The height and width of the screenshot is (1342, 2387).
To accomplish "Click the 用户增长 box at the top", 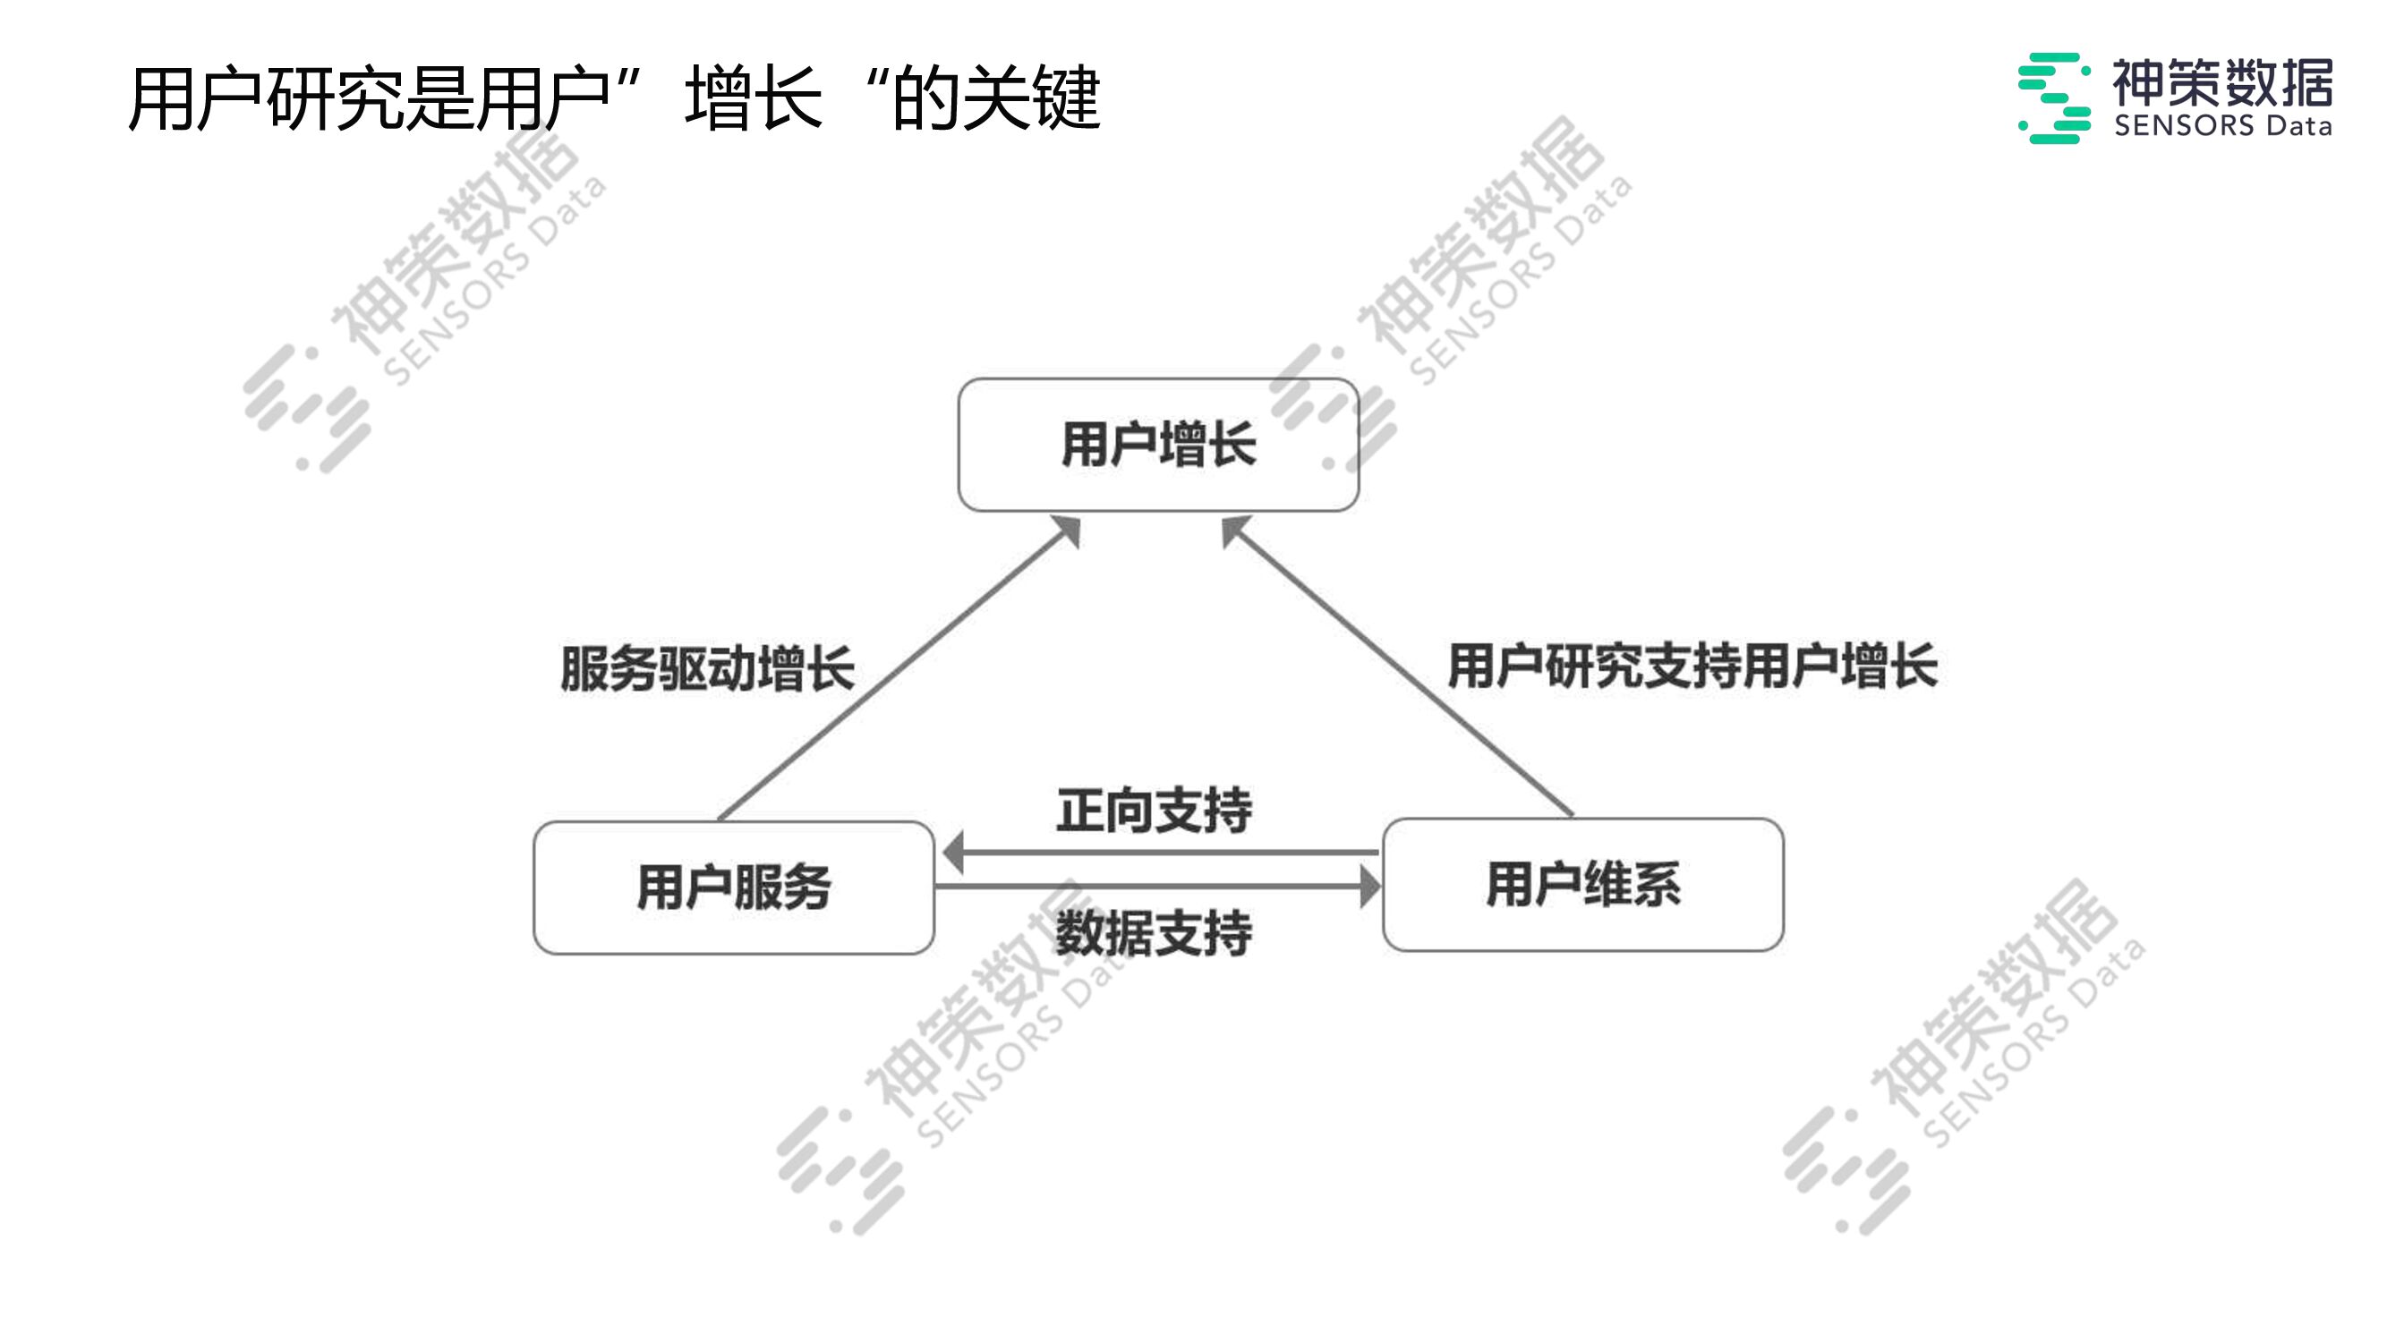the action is [x=1158, y=445].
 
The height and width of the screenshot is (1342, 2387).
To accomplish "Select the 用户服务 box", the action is [x=733, y=888].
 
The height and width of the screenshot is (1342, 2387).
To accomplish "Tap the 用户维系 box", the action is [x=1582, y=885].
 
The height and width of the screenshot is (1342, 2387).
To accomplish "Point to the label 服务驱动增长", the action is [x=707, y=667].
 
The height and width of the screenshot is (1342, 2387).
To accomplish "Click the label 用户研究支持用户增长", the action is [x=1692, y=666].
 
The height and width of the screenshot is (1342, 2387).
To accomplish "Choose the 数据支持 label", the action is [x=1154, y=932].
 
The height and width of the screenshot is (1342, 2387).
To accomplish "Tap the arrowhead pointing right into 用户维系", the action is [x=1368, y=887].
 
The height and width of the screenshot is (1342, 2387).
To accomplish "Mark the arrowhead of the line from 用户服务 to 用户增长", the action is [x=1069, y=531].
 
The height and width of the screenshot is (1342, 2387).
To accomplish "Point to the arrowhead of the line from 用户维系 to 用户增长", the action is [x=1233, y=530].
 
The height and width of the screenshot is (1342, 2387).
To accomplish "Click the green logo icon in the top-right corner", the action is [x=2053, y=98].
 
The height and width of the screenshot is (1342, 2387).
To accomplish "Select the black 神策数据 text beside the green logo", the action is [x=2222, y=82].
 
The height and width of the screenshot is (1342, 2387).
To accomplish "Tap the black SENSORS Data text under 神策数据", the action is [x=2222, y=125].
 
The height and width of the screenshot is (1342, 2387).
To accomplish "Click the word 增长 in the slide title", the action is [x=754, y=98].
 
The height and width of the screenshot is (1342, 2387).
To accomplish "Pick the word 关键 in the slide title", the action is [x=1031, y=98].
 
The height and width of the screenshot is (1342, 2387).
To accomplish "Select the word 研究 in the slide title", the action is [x=336, y=98].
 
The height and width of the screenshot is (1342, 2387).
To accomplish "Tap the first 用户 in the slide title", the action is [x=195, y=98].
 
